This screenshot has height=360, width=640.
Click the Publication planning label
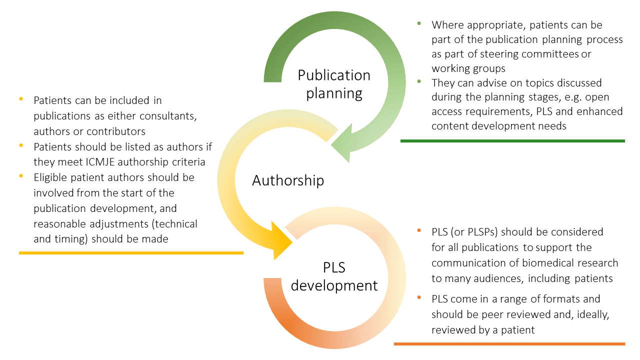point(334,83)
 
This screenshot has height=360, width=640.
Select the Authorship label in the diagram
point(288,180)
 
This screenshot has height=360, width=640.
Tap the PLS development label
point(334,276)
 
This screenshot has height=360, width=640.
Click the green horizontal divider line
point(512,141)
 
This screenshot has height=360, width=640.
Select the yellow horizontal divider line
point(131,253)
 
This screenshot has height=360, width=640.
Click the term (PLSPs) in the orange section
point(475,232)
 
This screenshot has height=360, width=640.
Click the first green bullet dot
point(419,23)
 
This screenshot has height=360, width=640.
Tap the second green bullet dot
point(419,81)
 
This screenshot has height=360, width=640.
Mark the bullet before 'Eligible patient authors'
point(21,176)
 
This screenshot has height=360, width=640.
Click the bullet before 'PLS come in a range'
point(419,298)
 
